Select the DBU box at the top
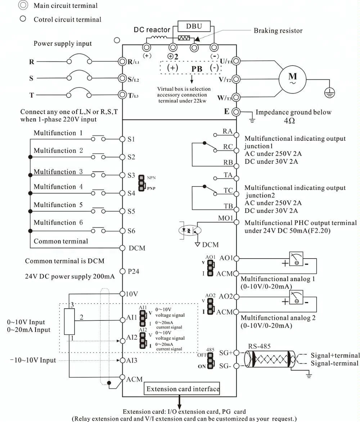click(194, 26)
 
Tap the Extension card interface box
click(183, 389)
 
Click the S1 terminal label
click(131, 139)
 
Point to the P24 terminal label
click(134, 271)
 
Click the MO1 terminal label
click(225, 218)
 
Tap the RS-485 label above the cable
click(259, 346)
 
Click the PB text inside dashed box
click(197, 68)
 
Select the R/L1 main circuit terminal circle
click(123, 61)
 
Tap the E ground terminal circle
click(236, 112)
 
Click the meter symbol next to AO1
click(297, 258)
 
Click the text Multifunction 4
click(58, 187)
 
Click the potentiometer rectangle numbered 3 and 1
click(69, 322)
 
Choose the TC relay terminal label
click(228, 190)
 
